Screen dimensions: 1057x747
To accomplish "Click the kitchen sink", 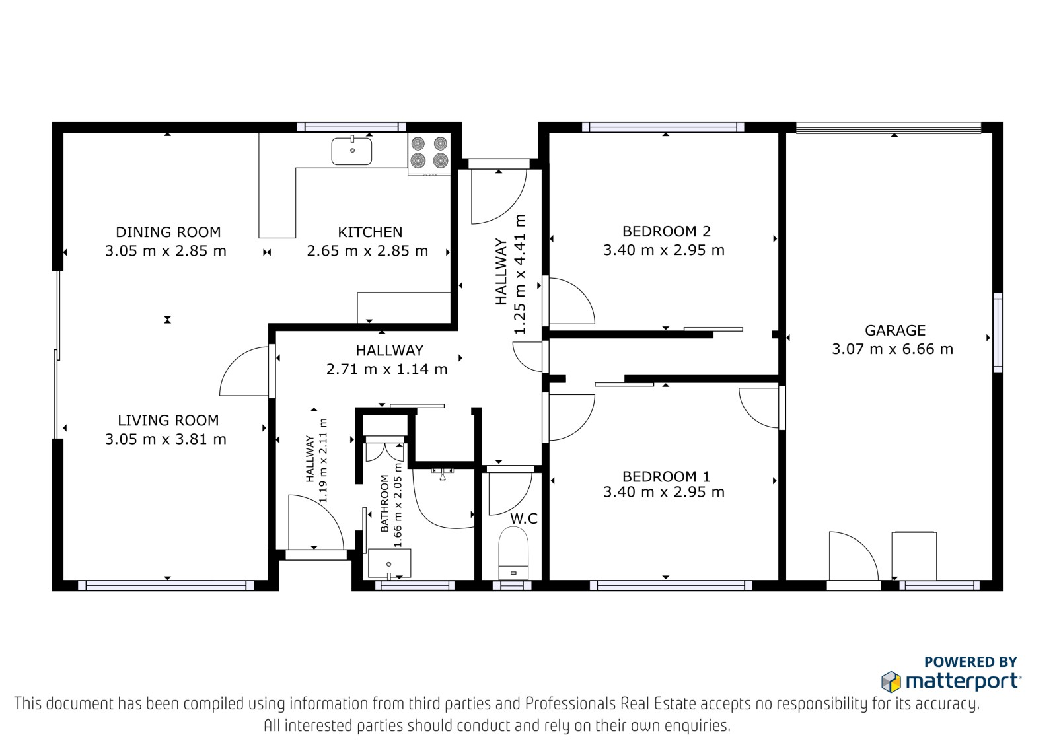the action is [x=351, y=151].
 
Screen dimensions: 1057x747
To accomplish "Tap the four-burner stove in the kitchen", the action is [x=429, y=153].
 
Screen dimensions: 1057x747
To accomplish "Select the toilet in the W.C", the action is [x=513, y=553].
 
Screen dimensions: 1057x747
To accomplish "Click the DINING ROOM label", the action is [x=168, y=232].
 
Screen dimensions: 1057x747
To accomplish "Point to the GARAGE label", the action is [x=895, y=330].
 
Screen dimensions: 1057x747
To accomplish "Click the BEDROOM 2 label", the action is [x=667, y=231].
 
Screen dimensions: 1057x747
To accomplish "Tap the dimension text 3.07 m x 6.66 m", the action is [x=893, y=349].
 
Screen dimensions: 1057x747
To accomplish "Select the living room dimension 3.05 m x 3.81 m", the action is [x=166, y=439].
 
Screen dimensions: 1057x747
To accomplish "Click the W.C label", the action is [x=524, y=518].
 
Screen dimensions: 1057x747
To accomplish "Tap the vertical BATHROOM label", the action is [x=384, y=503].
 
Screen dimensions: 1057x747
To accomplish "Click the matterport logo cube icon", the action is [x=891, y=682].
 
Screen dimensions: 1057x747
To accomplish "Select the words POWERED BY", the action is [x=970, y=662].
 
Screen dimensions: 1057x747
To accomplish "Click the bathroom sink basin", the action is [x=389, y=563].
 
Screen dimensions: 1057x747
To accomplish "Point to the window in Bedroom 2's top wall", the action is [x=663, y=127].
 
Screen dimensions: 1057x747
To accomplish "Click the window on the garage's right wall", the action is [x=998, y=333].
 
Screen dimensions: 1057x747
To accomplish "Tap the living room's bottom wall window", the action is [x=166, y=586].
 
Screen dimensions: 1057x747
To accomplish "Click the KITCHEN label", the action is [x=370, y=232].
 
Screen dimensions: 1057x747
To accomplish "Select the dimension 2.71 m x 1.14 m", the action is [x=386, y=369].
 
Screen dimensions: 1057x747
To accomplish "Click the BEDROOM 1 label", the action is [x=667, y=476].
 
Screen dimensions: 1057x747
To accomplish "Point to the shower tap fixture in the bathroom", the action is [x=442, y=474].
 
